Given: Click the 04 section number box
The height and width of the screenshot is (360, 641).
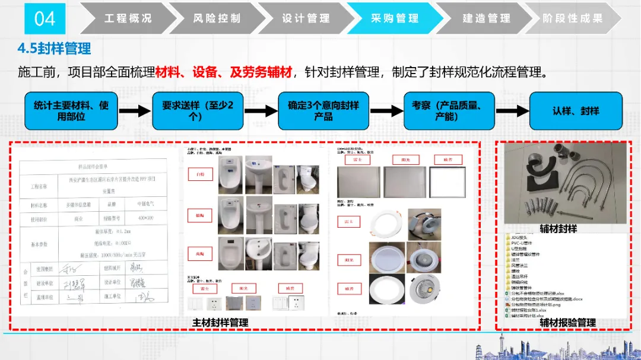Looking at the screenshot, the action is click(x=45, y=18).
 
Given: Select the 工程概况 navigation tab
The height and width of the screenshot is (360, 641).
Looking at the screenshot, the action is click(x=128, y=18).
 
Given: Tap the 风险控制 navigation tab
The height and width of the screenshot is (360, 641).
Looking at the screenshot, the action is click(x=217, y=18).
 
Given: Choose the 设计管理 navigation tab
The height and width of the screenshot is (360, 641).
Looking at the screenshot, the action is click(x=306, y=18).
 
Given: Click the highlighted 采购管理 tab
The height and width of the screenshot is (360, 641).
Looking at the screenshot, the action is click(x=395, y=18).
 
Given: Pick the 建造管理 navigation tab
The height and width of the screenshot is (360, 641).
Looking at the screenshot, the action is click(x=486, y=18).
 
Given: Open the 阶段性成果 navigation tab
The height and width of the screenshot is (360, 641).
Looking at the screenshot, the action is click(x=572, y=18).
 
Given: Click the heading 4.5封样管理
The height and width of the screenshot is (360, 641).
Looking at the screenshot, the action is click(x=55, y=47).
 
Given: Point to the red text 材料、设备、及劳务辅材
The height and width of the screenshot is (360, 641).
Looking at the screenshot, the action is click(x=224, y=73).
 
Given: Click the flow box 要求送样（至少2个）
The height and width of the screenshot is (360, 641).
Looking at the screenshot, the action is click(x=198, y=111).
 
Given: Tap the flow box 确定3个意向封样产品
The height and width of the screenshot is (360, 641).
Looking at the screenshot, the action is click(x=323, y=111).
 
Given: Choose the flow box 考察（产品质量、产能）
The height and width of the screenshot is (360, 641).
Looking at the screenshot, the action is click(x=449, y=111).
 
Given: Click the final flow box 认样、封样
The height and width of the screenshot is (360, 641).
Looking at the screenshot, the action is click(x=576, y=111).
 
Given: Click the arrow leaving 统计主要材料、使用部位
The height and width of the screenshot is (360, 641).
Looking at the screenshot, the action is click(x=134, y=111).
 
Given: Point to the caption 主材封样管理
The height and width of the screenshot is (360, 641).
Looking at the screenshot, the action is click(x=220, y=323).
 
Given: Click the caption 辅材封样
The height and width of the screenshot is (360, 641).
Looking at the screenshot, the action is click(x=558, y=228).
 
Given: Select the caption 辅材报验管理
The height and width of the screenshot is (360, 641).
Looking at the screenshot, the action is click(x=567, y=323).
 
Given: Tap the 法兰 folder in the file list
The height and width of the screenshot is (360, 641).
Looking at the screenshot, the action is click(x=515, y=260).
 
